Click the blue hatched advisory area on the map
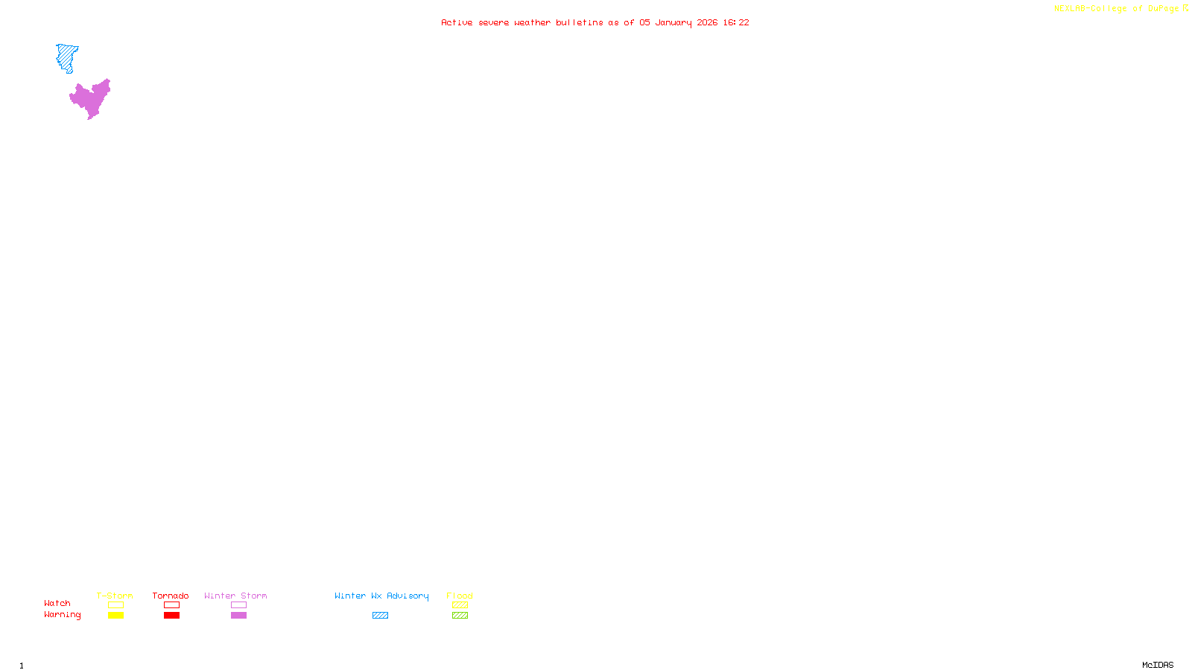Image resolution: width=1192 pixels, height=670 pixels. tap(67, 57)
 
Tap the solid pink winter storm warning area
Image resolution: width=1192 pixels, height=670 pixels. tap(91, 99)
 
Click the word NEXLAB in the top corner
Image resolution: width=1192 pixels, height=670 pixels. tap(1069, 9)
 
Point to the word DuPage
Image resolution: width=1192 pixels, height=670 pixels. tap(1163, 9)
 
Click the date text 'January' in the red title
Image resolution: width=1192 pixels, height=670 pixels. tap(673, 22)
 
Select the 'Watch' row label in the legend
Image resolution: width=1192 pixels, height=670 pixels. tap(57, 604)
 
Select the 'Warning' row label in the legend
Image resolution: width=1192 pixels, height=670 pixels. tap(62, 615)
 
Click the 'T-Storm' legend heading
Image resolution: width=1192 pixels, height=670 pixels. tap(115, 596)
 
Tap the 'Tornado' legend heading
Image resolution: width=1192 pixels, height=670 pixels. tap(171, 596)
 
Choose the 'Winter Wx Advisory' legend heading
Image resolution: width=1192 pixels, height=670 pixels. tap(381, 596)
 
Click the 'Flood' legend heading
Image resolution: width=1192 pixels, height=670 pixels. tap(460, 596)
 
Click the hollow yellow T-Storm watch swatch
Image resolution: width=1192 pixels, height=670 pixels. tap(115, 605)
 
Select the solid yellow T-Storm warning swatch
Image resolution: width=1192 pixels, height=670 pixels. tap(115, 616)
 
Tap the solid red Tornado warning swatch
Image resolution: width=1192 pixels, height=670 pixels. tap(171, 616)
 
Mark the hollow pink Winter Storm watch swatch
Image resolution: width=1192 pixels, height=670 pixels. tap(238, 605)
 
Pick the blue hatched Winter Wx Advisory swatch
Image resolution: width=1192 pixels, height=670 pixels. tap(380, 616)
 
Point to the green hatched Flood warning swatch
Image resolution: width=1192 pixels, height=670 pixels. tap(460, 616)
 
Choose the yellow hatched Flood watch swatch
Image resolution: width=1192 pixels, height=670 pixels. tap(460, 605)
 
